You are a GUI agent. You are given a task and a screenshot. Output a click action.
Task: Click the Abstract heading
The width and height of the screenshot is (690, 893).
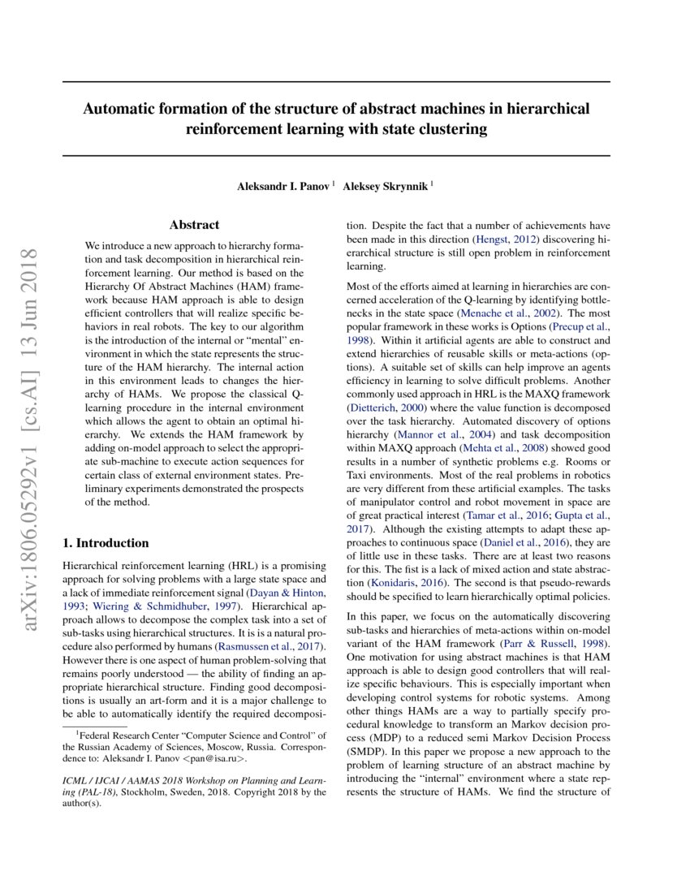(x=194, y=225)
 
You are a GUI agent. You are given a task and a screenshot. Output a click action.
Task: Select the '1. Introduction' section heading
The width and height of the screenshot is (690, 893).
(x=106, y=543)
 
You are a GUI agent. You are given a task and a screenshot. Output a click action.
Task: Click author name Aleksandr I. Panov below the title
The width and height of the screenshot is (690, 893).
(x=283, y=186)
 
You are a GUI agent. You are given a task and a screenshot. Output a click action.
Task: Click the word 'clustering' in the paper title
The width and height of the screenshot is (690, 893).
(x=451, y=128)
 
